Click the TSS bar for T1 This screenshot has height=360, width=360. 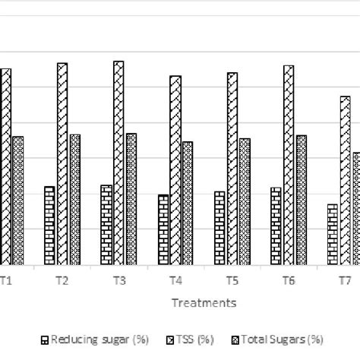click(6, 167)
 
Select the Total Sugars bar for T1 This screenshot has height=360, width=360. click(18, 201)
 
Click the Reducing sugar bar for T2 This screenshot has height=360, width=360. click(49, 226)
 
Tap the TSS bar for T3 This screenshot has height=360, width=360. click(118, 163)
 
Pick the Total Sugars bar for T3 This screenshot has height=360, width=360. click(131, 200)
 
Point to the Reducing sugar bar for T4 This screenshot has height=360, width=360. click(163, 230)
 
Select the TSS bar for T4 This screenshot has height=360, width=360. click(175, 171)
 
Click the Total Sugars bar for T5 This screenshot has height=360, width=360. click(245, 202)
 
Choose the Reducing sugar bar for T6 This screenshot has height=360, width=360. click(276, 226)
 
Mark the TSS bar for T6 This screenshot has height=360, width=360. click(289, 166)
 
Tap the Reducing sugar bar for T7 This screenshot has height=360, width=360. click(333, 235)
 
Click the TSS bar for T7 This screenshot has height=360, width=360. click(345, 181)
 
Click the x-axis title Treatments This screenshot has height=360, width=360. click(204, 303)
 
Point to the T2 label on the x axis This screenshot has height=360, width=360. click(62, 281)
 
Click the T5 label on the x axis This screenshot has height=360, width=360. click(232, 281)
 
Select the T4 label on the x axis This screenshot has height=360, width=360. click(175, 281)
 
